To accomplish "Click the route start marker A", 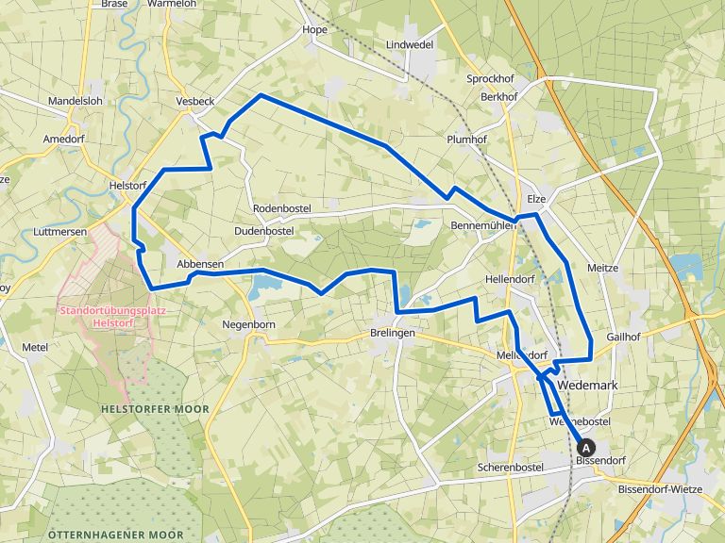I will pyautogui.click(x=587, y=449).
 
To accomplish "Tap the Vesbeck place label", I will pyautogui.click(x=195, y=101).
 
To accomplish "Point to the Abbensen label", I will pyautogui.click(x=200, y=265).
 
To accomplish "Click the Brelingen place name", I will pyautogui.click(x=389, y=336).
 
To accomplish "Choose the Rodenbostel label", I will pyautogui.click(x=281, y=208).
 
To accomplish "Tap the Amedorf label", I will pyautogui.click(x=63, y=140).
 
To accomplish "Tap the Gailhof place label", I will pyautogui.click(x=625, y=337).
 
